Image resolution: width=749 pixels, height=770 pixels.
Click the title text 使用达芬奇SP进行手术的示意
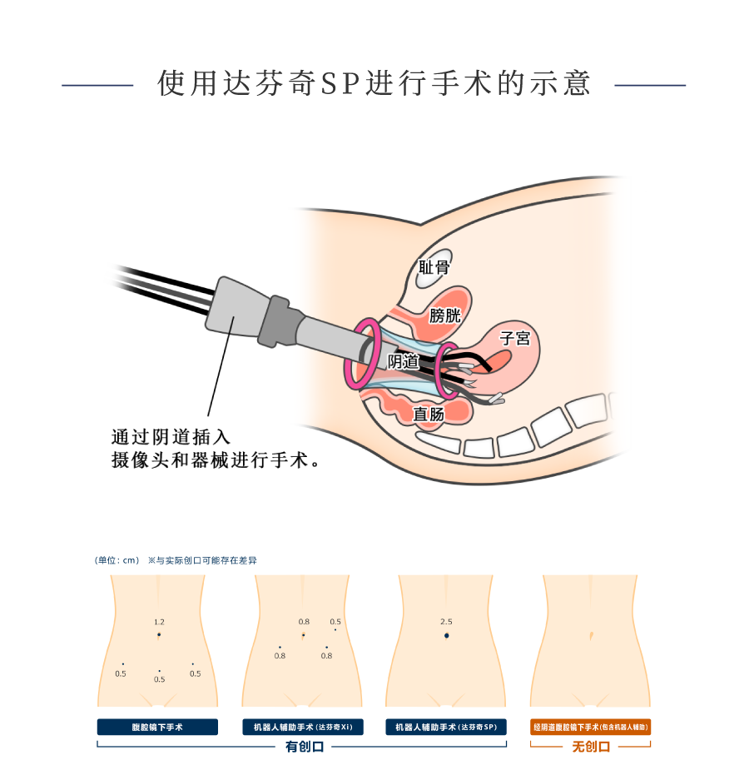pyautogui.click(x=374, y=84)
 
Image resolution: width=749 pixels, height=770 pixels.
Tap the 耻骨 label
pyautogui.click(x=434, y=267)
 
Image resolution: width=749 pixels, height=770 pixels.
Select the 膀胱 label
pyautogui.click(x=444, y=315)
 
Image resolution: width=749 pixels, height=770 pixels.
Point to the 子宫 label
pyautogui.click(x=513, y=338)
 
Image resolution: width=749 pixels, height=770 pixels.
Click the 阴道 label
pyautogui.click(x=404, y=361)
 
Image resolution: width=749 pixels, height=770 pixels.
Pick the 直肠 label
pyautogui.click(x=429, y=413)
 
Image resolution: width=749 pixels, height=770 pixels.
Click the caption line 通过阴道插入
pyautogui.click(x=171, y=436)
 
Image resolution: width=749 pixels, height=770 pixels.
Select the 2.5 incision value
pyautogui.click(x=446, y=622)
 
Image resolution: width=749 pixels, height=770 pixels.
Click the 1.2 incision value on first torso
pyautogui.click(x=159, y=622)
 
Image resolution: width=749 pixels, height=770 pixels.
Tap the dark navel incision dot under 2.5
pyautogui.click(x=446, y=636)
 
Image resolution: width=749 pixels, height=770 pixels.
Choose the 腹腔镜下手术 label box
pyautogui.click(x=157, y=727)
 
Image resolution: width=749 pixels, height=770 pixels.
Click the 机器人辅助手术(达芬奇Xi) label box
pyautogui.click(x=303, y=727)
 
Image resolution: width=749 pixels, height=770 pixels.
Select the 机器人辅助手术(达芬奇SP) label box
pyautogui.click(x=446, y=727)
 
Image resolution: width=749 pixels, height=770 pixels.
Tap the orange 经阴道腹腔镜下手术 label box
pyautogui.click(x=591, y=727)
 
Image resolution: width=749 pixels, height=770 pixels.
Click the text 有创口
pyautogui.click(x=304, y=747)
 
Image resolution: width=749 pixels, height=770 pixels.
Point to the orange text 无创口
pyautogui.click(x=591, y=747)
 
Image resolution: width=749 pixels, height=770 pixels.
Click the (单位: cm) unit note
pyautogui.click(x=117, y=560)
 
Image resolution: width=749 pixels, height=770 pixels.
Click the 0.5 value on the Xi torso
pyautogui.click(x=335, y=622)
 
